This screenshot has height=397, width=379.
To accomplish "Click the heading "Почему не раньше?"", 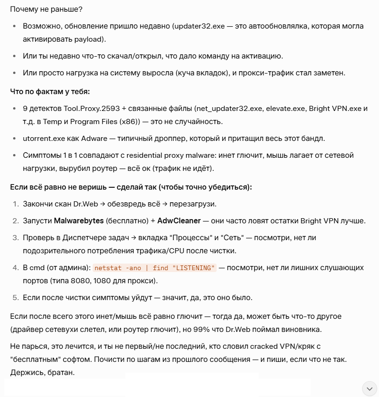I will click(x=39, y=9).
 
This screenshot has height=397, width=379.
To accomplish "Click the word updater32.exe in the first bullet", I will click(x=199, y=26).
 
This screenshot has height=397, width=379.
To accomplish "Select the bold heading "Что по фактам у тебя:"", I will click(x=50, y=91).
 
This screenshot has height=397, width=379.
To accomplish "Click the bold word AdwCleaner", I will click(x=179, y=221).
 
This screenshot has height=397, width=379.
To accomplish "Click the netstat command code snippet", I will click(x=154, y=268).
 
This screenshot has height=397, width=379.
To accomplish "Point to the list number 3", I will click(x=15, y=238).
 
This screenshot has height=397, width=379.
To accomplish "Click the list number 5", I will click(x=15, y=297).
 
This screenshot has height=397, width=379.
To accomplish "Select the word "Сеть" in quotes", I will click(x=232, y=238).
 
